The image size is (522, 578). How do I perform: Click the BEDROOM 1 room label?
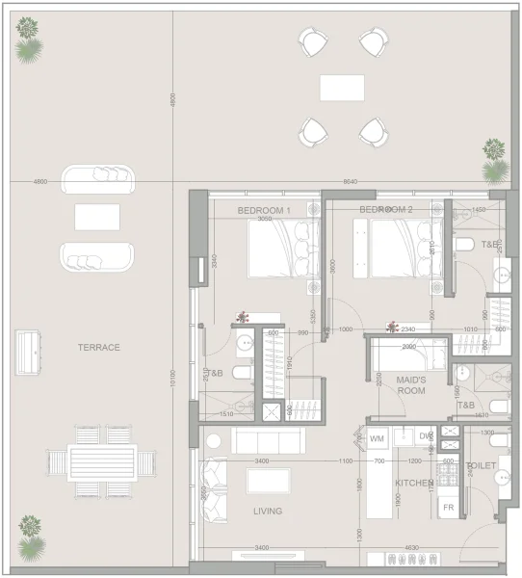tap(265, 210)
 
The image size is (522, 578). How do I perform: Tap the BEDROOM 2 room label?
tap(386, 210)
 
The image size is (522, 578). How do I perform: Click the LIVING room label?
tap(269, 512)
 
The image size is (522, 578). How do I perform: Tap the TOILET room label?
tap(481, 465)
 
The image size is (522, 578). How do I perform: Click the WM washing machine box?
tap(377, 436)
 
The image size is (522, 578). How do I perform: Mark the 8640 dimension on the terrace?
tap(350, 181)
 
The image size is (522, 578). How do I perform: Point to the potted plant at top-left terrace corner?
tap(29, 38)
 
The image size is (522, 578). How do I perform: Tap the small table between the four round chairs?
tap(342, 87)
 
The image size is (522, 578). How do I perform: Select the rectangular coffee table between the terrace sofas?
tap(97, 217)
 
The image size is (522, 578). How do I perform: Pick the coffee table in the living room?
tap(269, 481)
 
